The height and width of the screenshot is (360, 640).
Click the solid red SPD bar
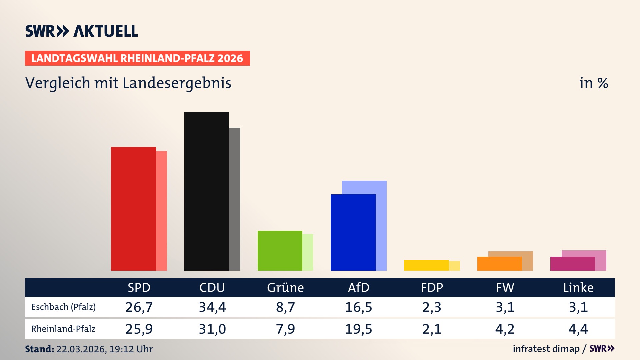[133, 209]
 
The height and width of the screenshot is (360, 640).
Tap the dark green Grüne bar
[280, 250]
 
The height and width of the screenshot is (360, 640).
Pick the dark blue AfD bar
[353, 232]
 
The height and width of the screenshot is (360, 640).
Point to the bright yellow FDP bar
[426, 265]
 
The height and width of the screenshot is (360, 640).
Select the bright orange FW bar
[499, 264]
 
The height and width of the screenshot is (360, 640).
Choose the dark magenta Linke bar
[572, 264]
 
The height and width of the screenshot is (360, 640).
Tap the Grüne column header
[285, 288]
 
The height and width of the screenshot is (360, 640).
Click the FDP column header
[432, 288]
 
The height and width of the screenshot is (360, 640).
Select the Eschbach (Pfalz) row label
[63, 307]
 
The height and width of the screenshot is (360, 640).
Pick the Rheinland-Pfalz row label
[63, 329]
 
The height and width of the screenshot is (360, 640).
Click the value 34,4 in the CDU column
[212, 307]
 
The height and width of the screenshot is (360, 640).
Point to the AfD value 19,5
[358, 329]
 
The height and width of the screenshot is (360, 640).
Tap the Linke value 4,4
[578, 329]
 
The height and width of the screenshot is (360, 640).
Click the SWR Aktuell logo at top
[82, 31]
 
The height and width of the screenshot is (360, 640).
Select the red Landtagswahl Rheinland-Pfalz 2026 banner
[137, 58]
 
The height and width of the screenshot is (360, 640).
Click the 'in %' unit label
[593, 83]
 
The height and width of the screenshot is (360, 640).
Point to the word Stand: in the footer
[39, 349]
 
